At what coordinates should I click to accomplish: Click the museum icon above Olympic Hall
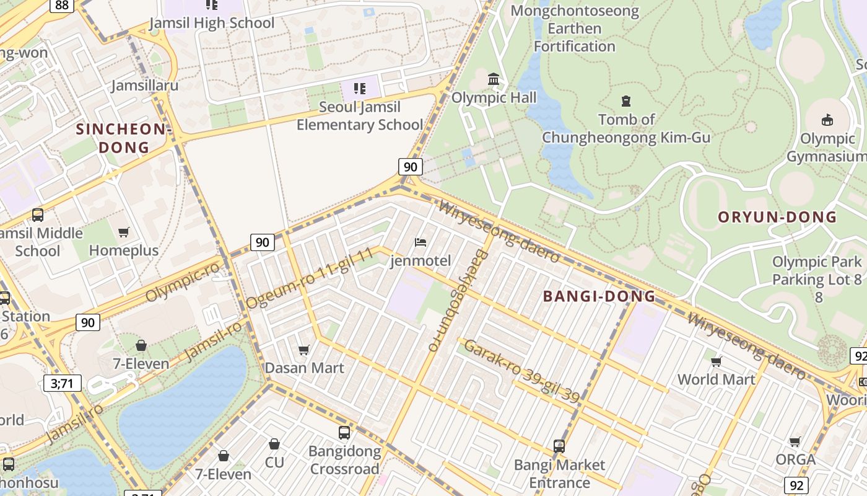click(494, 79)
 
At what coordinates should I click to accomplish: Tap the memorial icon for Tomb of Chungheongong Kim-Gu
click(626, 100)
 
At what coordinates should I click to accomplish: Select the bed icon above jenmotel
click(420, 242)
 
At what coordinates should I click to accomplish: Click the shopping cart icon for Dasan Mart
click(304, 350)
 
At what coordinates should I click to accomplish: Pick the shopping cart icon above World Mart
click(717, 361)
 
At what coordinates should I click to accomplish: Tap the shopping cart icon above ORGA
click(795, 442)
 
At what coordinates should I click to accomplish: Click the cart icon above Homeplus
click(124, 232)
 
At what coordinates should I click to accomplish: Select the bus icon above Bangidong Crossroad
click(344, 432)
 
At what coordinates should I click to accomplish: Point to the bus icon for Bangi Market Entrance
click(559, 446)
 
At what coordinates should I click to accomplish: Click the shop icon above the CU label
click(274, 445)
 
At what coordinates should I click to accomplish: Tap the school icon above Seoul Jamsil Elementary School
click(360, 89)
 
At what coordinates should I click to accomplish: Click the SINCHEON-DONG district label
click(122, 138)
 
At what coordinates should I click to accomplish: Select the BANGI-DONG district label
click(599, 296)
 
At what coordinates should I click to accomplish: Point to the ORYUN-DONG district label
click(777, 217)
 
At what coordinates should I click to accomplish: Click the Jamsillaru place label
click(145, 86)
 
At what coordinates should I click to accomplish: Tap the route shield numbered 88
click(61, 5)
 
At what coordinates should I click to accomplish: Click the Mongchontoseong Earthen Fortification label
click(575, 29)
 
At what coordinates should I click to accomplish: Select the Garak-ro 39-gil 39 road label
click(522, 371)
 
